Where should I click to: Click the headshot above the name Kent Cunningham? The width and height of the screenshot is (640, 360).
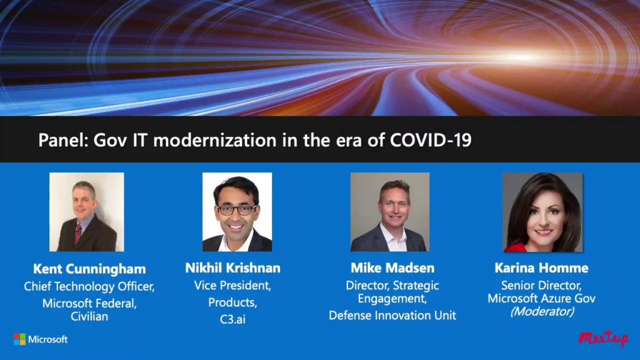click(86, 212)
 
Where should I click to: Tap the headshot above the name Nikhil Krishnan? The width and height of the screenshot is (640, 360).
click(237, 212)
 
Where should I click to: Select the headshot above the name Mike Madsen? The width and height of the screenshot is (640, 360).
click(389, 212)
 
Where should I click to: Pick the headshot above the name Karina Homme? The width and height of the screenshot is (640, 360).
click(542, 212)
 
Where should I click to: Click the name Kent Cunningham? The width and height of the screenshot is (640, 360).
click(89, 269)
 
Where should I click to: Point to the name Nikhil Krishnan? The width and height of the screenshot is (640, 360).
click(232, 268)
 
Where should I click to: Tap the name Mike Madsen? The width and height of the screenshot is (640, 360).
click(392, 268)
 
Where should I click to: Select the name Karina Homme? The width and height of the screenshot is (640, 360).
click(541, 268)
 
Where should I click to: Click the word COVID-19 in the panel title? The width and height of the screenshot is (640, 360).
click(431, 140)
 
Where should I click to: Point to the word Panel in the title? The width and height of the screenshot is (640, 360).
click(62, 140)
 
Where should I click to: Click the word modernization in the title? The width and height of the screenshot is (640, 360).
click(200, 140)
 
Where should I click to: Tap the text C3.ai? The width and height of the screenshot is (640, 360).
click(232, 318)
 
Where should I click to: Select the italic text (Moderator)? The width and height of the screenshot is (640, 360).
click(541, 311)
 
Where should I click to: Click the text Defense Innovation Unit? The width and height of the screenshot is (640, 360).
click(392, 316)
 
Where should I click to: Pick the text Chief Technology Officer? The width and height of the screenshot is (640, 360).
click(89, 287)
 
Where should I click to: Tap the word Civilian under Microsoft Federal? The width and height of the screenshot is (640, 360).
click(89, 317)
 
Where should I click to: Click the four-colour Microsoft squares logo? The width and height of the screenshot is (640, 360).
click(20, 339)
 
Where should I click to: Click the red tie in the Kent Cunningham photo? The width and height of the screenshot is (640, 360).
click(78, 233)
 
